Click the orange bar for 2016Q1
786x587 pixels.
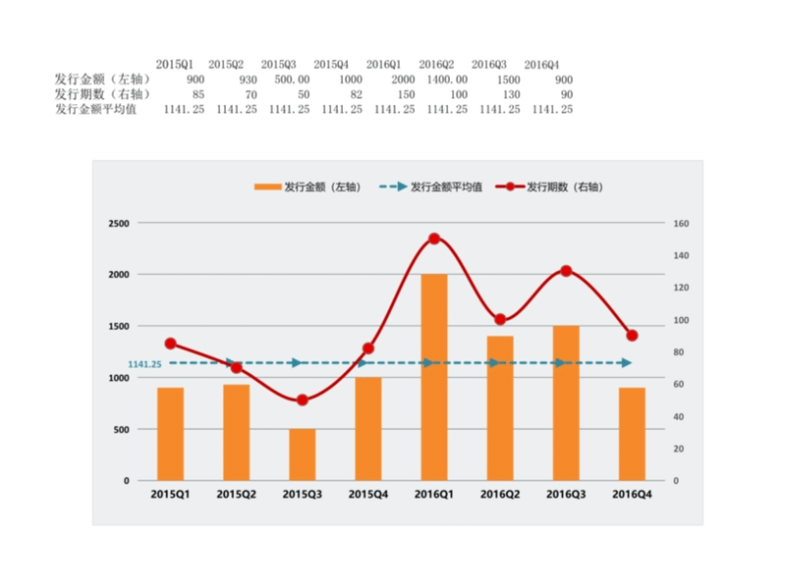coord(434,378)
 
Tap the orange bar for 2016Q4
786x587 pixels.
coord(632,434)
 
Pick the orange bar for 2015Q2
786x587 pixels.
coord(237,433)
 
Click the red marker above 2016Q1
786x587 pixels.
coord(434,239)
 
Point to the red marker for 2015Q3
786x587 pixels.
coord(303,400)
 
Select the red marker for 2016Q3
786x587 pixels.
coord(566,271)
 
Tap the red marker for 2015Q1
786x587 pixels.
coord(171,344)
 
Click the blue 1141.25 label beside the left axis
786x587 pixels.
coord(143,364)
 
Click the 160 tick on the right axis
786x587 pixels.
coord(682,224)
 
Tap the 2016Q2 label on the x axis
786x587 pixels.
coord(500,494)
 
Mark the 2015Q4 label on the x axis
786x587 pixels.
coord(368,494)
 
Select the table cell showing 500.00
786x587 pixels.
coord(292,80)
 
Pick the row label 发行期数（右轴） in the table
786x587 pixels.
coord(102,94)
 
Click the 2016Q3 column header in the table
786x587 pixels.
coord(489,65)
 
